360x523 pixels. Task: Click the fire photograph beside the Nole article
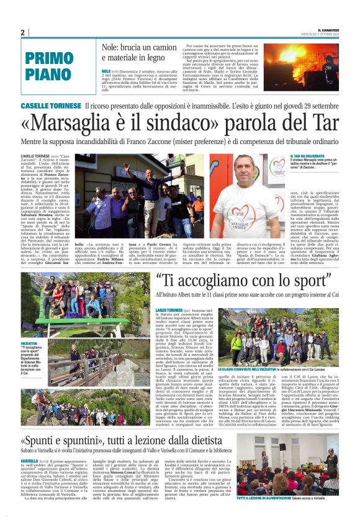coord(304,66)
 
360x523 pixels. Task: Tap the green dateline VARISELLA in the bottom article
coord(30,460)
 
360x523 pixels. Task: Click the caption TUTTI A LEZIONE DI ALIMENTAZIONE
coord(286,515)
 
